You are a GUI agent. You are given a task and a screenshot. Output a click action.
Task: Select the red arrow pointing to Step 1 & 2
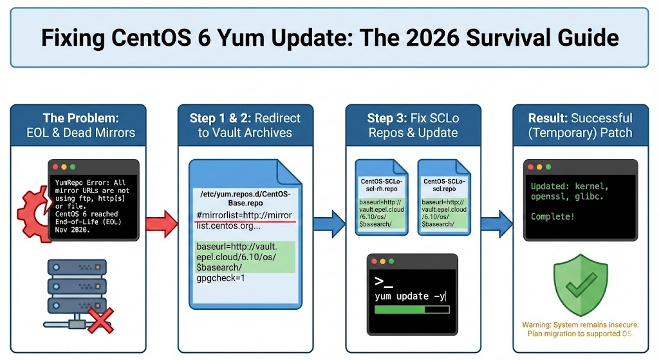click(x=162, y=224)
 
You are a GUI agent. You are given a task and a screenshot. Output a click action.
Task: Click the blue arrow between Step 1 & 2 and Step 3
click(x=329, y=224)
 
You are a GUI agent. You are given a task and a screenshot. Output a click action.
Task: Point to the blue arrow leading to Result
click(x=497, y=224)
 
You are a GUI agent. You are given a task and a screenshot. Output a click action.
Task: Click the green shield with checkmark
click(x=580, y=285)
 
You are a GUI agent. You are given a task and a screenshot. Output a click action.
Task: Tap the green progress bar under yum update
click(x=412, y=310)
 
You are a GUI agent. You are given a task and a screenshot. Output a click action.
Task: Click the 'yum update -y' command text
click(x=410, y=296)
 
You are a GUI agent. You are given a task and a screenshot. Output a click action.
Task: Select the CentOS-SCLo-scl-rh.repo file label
click(x=381, y=185)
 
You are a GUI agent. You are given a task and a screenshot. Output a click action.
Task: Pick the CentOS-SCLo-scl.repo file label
click(x=444, y=185)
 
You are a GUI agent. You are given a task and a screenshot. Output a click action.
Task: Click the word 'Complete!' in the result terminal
click(x=552, y=216)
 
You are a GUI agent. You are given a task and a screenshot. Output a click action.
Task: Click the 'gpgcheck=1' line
click(x=221, y=278)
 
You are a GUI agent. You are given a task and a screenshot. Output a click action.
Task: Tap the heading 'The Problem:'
click(x=80, y=118)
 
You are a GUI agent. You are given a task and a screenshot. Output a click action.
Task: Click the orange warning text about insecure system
click(x=580, y=329)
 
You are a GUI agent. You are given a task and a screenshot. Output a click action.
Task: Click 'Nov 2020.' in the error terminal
click(x=72, y=230)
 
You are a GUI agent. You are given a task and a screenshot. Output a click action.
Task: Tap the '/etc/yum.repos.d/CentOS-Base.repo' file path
click(x=245, y=198)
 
